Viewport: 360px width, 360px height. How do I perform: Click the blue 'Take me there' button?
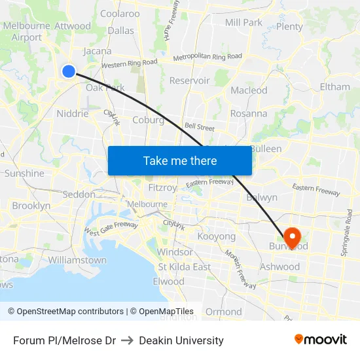[180, 160]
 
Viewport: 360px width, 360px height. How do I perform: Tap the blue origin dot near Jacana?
[69, 71]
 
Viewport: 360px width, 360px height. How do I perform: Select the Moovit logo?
[320, 340]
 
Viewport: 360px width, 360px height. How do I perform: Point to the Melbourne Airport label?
[26, 31]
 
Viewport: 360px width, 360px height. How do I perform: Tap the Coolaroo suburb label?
[120, 13]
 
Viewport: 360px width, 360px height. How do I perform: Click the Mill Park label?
[243, 22]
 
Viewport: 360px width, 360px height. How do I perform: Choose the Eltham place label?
[334, 86]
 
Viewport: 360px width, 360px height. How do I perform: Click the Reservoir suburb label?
[189, 81]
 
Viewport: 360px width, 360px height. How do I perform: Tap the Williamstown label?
[77, 260]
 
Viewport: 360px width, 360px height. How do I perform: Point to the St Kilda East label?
[184, 266]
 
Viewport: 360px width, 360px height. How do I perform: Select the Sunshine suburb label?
[24, 173]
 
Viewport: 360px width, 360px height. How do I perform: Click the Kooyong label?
[216, 236]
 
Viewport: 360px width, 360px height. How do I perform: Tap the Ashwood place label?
[279, 266]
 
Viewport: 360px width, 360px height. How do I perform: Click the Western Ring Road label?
[130, 63]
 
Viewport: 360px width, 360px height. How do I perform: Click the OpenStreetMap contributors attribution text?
[70, 312]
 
